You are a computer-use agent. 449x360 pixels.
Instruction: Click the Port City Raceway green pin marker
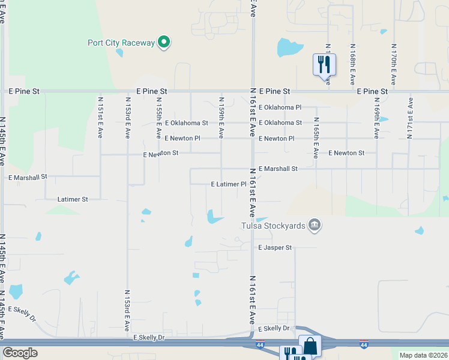pyautogui.click(x=163, y=43)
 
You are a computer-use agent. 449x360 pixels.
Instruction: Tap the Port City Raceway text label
pyautogui.click(x=121, y=43)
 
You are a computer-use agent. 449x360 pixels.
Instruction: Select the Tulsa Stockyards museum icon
pyautogui.click(x=314, y=226)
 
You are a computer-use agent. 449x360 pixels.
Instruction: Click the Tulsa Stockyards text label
pyautogui.click(x=273, y=226)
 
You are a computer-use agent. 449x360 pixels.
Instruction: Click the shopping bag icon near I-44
pyautogui.click(x=310, y=346)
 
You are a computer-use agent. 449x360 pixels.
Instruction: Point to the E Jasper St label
pyautogui.click(x=275, y=247)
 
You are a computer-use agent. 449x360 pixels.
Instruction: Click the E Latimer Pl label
pyautogui.click(x=229, y=184)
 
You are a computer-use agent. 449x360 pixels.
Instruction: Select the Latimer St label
pyautogui.click(x=73, y=199)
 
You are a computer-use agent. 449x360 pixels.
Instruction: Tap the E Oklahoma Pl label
pyautogui.click(x=280, y=107)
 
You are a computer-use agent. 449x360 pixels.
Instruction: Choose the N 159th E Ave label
pyautogui.click(x=221, y=116)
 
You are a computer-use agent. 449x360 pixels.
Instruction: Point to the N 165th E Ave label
pyautogui.click(x=316, y=137)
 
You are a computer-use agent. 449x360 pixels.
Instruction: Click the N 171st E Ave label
pyautogui.click(x=410, y=118)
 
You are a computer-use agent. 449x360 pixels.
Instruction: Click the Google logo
pyautogui.click(x=20, y=353)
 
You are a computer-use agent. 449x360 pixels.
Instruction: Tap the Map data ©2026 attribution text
pyautogui.click(x=423, y=355)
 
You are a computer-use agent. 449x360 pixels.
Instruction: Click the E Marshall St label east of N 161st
pyautogui.click(x=278, y=169)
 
